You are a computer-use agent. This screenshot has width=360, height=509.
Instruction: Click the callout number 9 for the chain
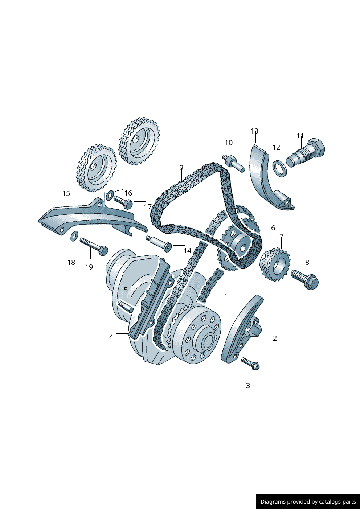tap(181, 168)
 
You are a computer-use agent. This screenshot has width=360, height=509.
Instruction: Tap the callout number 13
tap(254, 131)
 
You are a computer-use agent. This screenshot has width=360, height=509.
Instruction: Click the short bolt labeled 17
tap(123, 202)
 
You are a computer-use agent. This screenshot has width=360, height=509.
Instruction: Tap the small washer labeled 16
tap(110, 196)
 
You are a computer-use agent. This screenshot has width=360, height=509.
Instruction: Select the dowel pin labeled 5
tap(125, 307)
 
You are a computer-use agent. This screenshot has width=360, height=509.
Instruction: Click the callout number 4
tap(111, 337)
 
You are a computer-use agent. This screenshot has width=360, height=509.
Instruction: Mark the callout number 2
tap(275, 338)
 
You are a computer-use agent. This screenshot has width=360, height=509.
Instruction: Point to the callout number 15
tap(66, 193)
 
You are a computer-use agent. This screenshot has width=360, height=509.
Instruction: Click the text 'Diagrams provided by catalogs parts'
tap(308, 502)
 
